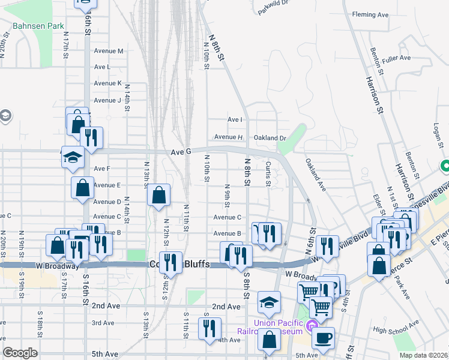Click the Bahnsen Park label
(x=38, y=26)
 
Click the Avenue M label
(x=109, y=51)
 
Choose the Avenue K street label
(x=107, y=83)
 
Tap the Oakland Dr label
(x=270, y=137)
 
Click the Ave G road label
(x=180, y=152)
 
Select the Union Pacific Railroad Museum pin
(x=310, y=326)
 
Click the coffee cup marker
(x=323, y=338)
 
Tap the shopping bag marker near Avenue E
(x=83, y=188)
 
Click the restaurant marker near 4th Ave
(x=209, y=328)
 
